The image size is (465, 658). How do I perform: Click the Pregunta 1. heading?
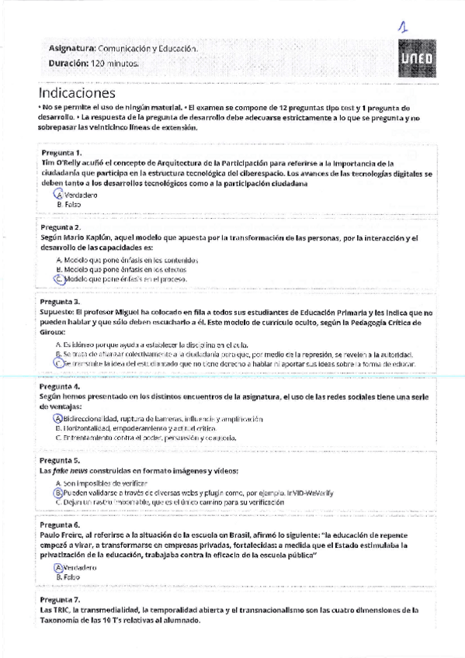(62, 154)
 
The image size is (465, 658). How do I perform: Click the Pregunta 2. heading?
(62, 227)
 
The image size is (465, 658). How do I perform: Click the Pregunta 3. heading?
(62, 301)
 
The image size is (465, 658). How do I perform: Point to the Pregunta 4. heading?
(62, 386)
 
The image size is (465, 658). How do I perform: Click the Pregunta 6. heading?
(62, 525)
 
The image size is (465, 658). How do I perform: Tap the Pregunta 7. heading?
(62, 600)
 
